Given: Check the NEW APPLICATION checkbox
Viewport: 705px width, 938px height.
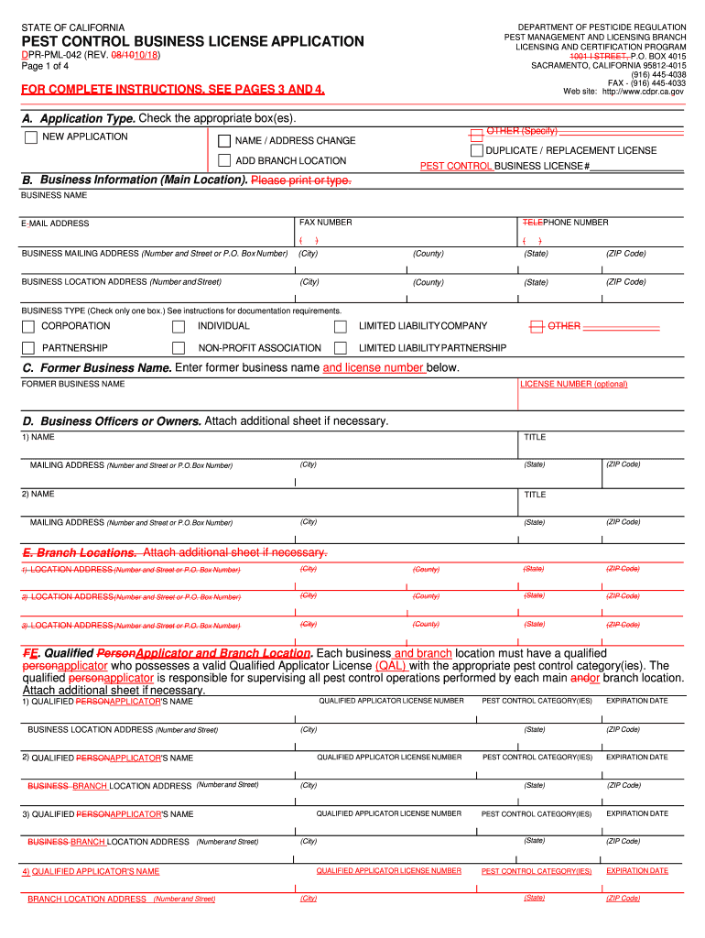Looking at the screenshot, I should [31, 137].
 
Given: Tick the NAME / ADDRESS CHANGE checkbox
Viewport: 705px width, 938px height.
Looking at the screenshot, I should [224, 141].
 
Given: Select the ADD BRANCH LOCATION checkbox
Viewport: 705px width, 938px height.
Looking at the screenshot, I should [224, 161].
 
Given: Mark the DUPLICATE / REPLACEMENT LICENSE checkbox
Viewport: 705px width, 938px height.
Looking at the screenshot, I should [476, 150].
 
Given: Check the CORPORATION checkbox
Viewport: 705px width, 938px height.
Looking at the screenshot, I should [29, 326].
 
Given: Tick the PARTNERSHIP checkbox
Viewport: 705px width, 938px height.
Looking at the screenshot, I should [29, 348].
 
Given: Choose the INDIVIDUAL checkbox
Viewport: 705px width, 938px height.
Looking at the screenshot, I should [179, 326].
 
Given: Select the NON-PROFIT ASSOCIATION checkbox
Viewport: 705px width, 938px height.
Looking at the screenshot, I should [179, 348].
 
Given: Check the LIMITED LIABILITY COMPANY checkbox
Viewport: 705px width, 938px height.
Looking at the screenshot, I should [341, 326].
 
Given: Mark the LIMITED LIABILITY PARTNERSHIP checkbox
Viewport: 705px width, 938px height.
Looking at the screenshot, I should [341, 348].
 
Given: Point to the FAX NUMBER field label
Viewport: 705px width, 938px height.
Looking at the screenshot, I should [326, 223].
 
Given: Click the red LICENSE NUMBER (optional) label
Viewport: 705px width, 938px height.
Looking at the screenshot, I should [573, 384].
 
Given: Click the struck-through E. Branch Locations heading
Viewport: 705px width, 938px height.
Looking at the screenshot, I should [80, 552].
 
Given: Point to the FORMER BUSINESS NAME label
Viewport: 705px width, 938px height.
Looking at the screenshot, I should [73, 384].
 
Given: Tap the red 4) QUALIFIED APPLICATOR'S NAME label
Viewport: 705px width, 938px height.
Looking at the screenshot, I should [91, 871].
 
